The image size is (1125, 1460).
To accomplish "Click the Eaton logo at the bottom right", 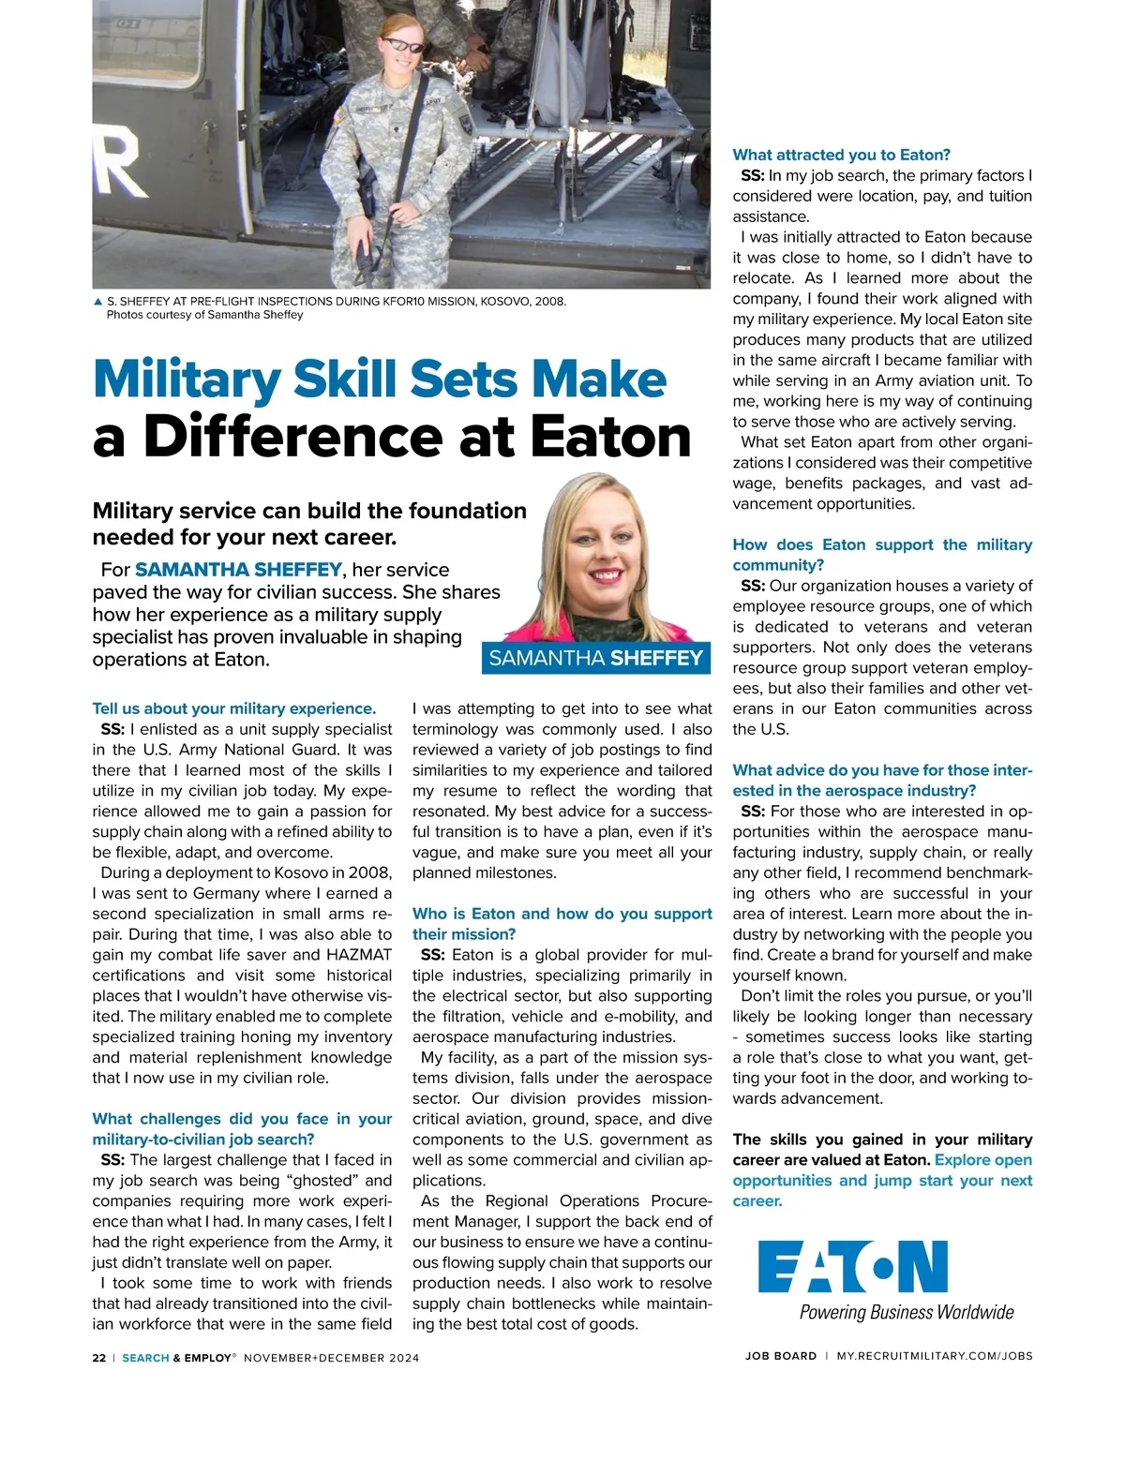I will point(852,1267).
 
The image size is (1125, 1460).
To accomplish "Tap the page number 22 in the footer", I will point(99,1357).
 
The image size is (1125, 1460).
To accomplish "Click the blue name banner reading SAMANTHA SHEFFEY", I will point(595,658).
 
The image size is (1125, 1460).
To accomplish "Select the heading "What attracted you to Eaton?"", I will point(841,155).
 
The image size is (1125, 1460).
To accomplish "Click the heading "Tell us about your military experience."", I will point(233,708).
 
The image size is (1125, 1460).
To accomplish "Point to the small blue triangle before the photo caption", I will point(97,302).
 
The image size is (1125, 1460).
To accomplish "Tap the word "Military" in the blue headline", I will point(187,380).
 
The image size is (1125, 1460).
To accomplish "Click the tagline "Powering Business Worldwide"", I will point(906,1312).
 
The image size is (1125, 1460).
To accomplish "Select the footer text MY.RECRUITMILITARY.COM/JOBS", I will point(934,1356).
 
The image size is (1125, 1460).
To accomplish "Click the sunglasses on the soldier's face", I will point(403,45).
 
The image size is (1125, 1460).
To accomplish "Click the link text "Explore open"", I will point(982,1160).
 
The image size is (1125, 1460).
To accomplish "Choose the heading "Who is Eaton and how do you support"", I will point(562,914).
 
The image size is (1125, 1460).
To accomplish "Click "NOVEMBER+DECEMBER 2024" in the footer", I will point(331,1357).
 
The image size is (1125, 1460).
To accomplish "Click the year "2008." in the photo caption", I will point(549,302).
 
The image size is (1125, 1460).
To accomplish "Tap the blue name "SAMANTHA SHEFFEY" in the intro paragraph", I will point(238,570).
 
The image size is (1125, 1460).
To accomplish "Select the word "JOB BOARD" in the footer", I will point(781,1356).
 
